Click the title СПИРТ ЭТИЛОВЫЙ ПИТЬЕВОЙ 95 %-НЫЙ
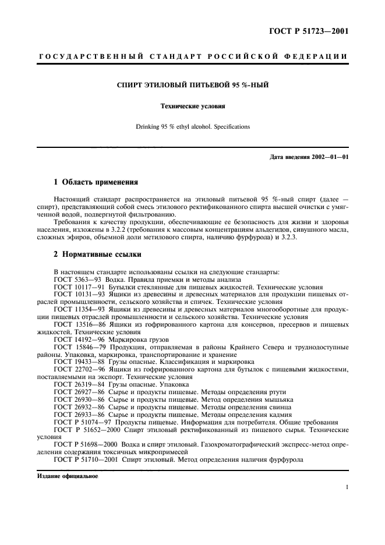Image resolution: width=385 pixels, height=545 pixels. [x=192, y=86]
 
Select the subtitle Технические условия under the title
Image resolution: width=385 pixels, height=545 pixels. [x=192, y=107]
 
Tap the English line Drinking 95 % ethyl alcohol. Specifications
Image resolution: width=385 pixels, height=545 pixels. [x=192, y=126]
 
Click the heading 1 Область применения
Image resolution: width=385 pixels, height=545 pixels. [x=96, y=182]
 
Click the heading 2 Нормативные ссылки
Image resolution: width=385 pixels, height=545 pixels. [x=96, y=254]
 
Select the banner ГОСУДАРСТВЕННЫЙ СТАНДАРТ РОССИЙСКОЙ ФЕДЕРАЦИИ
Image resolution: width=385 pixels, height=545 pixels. [x=192, y=56]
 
